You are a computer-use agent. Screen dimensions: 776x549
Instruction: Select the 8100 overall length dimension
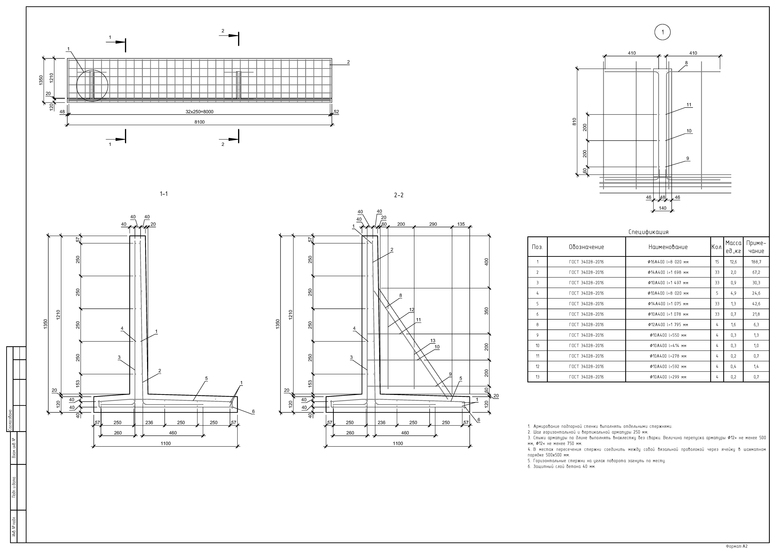pos(199,122)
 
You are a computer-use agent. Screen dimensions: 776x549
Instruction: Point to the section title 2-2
pos(399,195)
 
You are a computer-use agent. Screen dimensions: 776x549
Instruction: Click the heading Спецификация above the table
pos(648,232)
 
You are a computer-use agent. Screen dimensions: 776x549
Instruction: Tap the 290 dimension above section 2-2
pos(433,224)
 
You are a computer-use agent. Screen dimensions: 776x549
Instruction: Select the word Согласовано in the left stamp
pos(10,420)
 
